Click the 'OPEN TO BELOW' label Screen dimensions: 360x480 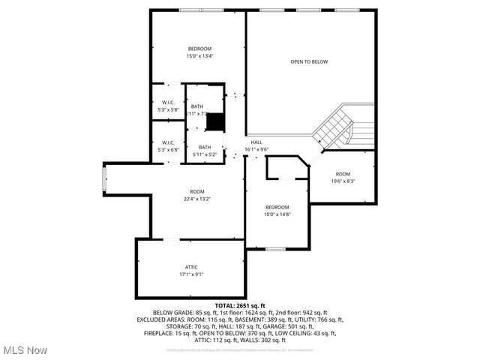309,61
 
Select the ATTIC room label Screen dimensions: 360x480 191,267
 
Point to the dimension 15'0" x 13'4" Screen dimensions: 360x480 199,56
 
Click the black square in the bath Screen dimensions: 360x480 215,121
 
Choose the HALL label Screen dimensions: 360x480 256,142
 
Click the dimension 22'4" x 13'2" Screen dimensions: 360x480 196,199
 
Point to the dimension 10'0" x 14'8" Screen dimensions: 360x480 277,214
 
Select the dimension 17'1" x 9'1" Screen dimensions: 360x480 191,274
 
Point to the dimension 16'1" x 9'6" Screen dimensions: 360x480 256,149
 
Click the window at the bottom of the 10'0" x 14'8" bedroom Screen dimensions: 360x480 275,248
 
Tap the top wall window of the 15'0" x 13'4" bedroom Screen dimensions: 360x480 199,10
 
